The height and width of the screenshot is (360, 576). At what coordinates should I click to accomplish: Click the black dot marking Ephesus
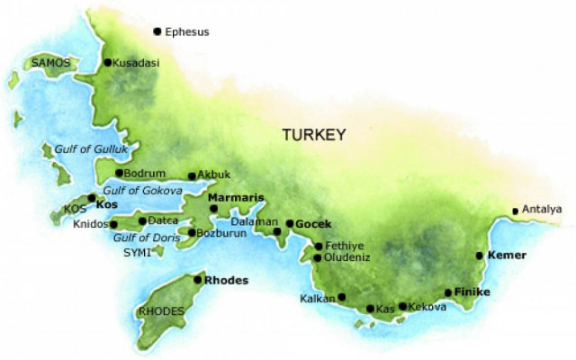(x=157, y=31)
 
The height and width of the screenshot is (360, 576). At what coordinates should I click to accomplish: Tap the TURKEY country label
(x=314, y=135)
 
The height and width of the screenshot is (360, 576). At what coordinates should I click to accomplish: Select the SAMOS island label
(x=49, y=63)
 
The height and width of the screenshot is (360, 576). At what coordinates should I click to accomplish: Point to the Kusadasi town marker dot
(x=108, y=63)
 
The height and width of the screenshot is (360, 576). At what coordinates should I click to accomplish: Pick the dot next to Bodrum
(x=120, y=173)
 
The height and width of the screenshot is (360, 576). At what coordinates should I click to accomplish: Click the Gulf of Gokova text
(x=143, y=191)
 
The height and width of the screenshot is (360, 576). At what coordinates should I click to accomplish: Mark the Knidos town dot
(x=114, y=224)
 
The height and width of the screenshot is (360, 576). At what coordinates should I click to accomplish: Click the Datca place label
(x=163, y=220)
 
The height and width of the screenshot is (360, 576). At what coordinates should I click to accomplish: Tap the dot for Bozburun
(x=191, y=233)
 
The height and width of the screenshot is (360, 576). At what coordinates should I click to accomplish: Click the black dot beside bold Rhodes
(x=198, y=280)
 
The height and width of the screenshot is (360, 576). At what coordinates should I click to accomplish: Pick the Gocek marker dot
(x=289, y=223)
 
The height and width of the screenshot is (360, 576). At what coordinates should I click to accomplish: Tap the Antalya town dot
(x=515, y=211)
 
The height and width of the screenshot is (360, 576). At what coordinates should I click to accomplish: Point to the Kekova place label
(x=427, y=308)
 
